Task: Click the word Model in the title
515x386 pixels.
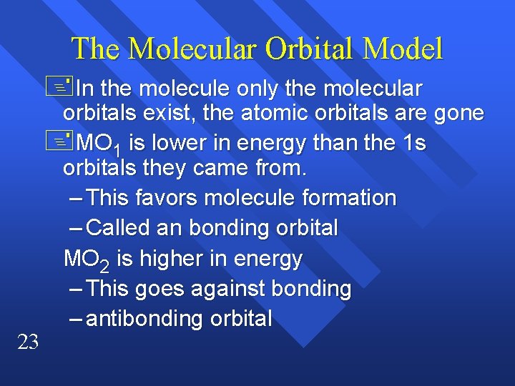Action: click(403, 49)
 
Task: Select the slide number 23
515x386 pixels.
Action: click(27, 343)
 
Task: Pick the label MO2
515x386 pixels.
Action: click(87, 259)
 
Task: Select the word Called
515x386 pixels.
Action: click(117, 228)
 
